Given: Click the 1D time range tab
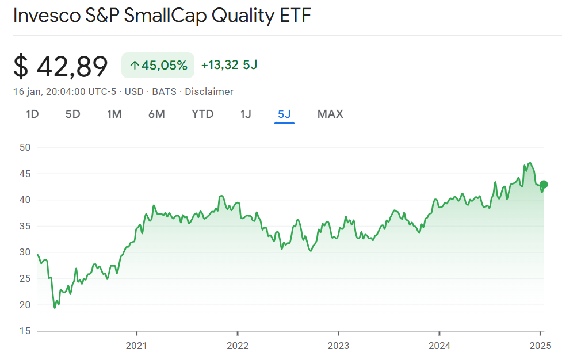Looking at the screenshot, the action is click(x=32, y=114).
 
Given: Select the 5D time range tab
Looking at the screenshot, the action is click(x=72, y=114).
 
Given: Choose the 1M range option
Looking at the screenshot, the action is click(x=114, y=114).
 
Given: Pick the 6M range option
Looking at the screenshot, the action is click(x=156, y=114).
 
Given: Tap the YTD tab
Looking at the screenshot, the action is click(x=202, y=114).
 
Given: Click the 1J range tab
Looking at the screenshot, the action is click(x=246, y=114).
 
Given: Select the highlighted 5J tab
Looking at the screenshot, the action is click(x=284, y=114).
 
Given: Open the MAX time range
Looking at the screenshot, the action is click(x=330, y=114).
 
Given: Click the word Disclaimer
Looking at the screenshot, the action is click(x=209, y=91).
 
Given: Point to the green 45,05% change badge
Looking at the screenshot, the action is click(x=158, y=65).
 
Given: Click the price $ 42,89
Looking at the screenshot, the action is click(x=60, y=66).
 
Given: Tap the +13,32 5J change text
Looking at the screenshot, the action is click(x=229, y=65).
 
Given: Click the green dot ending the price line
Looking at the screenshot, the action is click(x=544, y=185).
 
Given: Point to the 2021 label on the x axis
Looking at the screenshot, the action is click(x=136, y=346).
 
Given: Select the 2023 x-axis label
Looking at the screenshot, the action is click(x=338, y=346).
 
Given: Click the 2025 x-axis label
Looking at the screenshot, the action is click(x=541, y=346).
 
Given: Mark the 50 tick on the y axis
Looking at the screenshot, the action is click(x=25, y=147).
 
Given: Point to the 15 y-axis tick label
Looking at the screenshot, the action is click(x=25, y=331).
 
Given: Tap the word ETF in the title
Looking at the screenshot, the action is click(x=295, y=16).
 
